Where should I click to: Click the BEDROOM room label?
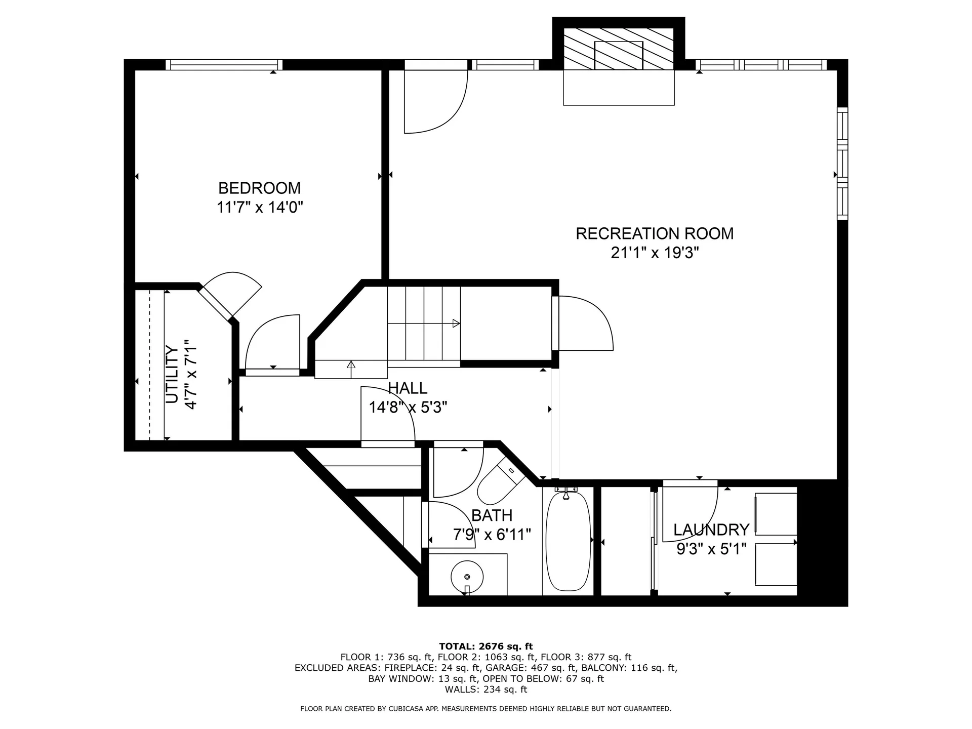click(x=259, y=188)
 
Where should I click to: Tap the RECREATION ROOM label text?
click(x=655, y=234)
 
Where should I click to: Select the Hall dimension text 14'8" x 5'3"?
click(x=408, y=407)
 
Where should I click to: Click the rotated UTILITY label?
click(x=172, y=375)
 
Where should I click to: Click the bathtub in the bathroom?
click(x=568, y=541)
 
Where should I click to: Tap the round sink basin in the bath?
click(x=467, y=577)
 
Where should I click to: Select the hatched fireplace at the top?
click(x=619, y=49)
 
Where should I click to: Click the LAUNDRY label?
click(x=711, y=530)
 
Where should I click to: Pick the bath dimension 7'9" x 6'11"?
click(x=492, y=535)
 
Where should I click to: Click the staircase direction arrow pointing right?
click(x=456, y=323)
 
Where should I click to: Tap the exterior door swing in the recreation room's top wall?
click(x=434, y=101)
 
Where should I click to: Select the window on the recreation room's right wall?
click(x=842, y=163)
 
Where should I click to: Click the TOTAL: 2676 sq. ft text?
click(x=486, y=646)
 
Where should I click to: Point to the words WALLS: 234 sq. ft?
click(x=486, y=690)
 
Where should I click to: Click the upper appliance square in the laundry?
click(x=776, y=514)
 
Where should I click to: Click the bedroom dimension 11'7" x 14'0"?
click(x=260, y=208)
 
